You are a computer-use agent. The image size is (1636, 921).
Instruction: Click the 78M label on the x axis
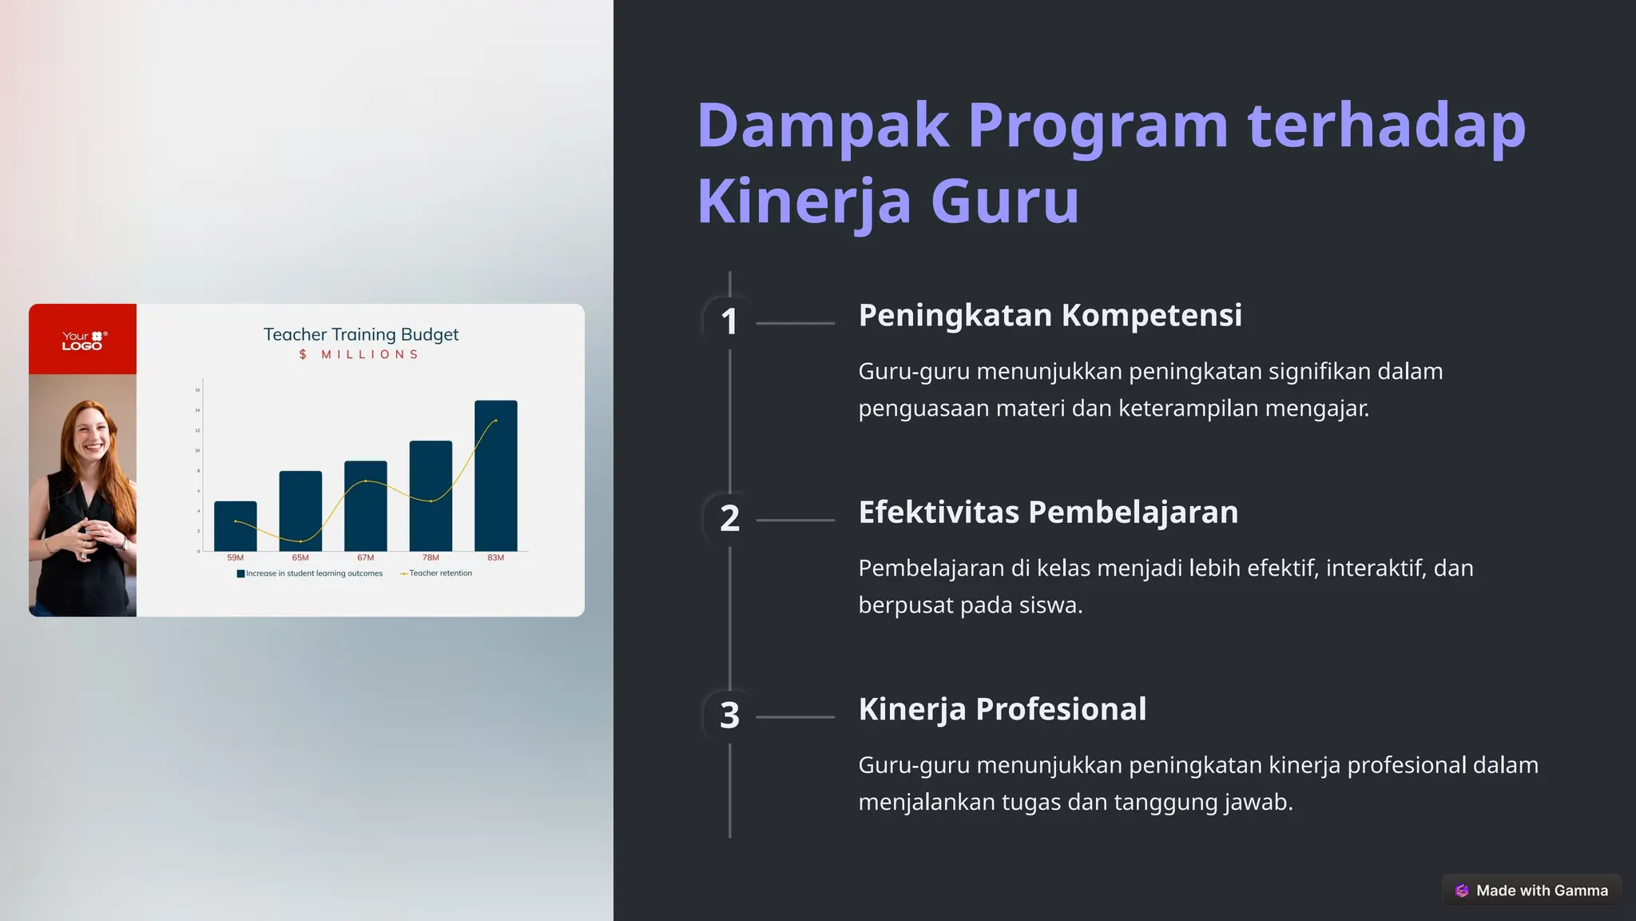(x=431, y=558)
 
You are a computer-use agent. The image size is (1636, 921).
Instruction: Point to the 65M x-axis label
(x=300, y=558)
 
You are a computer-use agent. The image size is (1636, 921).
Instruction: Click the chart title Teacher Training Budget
(x=361, y=334)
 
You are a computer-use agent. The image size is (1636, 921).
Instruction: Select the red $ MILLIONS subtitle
(x=359, y=354)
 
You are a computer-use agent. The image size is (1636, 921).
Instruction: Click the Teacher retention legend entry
(x=437, y=573)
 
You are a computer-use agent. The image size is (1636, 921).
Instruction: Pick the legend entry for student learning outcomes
(x=310, y=573)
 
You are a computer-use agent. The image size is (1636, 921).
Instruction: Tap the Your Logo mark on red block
(x=83, y=341)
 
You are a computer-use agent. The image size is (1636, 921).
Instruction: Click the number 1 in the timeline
(x=729, y=322)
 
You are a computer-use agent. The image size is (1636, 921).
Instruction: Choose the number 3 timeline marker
(x=729, y=716)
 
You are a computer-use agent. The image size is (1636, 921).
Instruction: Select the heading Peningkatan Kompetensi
(x=1050, y=316)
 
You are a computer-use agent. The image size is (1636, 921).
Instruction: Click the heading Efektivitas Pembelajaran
(x=1048, y=512)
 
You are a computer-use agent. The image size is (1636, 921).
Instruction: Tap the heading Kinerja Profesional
(x=1002, y=709)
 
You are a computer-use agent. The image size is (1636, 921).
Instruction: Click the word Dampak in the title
(x=823, y=126)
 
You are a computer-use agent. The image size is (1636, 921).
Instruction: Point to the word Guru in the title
(x=1005, y=201)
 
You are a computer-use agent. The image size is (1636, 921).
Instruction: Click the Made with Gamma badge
(x=1531, y=891)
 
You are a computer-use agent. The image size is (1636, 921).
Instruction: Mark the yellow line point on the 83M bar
(x=496, y=421)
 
